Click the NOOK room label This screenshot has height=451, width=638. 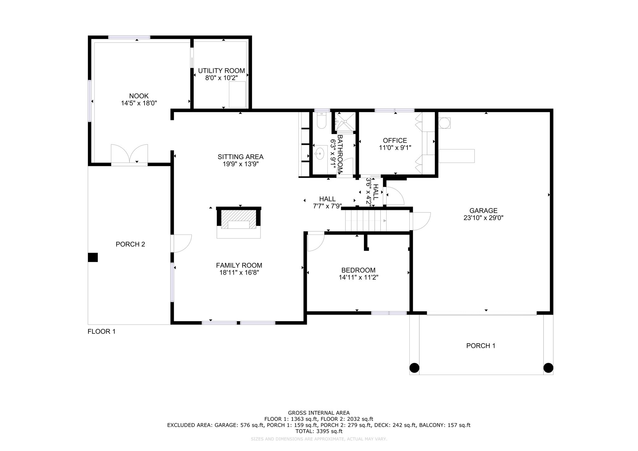pos(139,96)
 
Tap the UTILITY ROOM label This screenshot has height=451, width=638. pos(221,71)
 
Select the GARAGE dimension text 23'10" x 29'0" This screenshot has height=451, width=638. pos(483,218)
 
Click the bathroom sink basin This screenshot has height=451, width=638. pos(319,153)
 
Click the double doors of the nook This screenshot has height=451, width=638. pos(129,153)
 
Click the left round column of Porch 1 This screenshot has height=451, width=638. pos(414,368)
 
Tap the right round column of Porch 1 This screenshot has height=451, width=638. pos(548,368)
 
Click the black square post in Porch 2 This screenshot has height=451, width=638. pos(93,257)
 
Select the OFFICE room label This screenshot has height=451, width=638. pos(395,140)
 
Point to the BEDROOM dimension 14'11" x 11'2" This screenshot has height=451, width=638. pos(359,277)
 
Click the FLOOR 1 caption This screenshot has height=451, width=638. pos(102,331)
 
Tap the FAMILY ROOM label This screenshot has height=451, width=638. pos(239,265)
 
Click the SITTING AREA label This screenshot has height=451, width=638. pos(240,157)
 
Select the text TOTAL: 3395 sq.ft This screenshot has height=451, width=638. pos(319,431)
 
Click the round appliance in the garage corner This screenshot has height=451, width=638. pos(445,123)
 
